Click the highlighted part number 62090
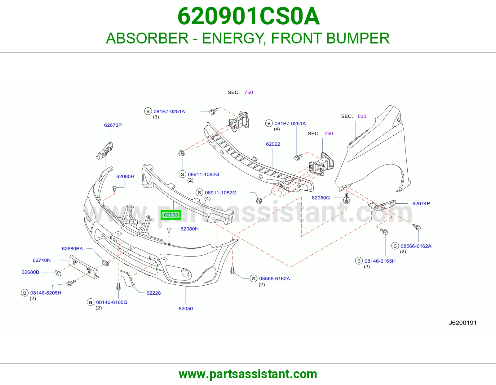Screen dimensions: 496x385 [x=171, y=215]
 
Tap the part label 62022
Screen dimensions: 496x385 [x=273, y=144]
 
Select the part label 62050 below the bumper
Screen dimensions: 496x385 [x=186, y=308]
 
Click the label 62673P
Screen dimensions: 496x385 [x=113, y=125]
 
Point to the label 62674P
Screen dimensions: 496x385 [x=421, y=203]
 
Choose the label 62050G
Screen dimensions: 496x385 [x=321, y=198]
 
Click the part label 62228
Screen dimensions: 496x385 [x=154, y=293]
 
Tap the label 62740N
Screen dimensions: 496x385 [x=42, y=260]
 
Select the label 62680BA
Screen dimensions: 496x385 [x=72, y=248]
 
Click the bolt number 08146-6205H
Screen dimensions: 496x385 [x=46, y=293]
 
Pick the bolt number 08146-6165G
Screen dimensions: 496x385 [x=112, y=302]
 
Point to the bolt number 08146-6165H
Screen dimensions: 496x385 [x=380, y=261]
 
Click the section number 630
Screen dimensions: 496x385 [x=362, y=116]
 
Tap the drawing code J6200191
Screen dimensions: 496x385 [x=463, y=323]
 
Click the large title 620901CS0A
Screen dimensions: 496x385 [x=248, y=16]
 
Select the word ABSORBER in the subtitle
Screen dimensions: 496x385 [x=147, y=38]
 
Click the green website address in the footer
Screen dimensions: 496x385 [x=248, y=374]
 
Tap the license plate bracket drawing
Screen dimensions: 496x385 [x=83, y=267]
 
